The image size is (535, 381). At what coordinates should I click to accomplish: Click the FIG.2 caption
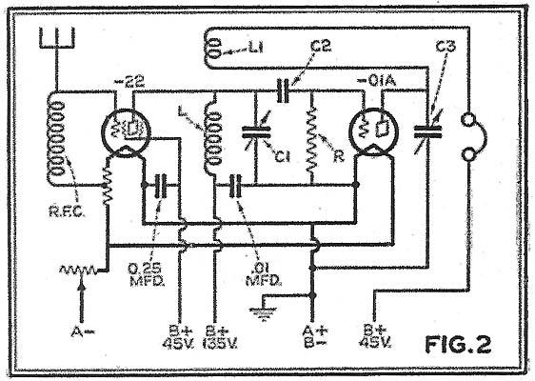click(x=458, y=344)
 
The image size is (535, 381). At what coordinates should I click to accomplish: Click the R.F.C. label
click(x=67, y=211)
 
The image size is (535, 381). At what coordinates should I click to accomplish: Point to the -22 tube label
click(x=130, y=82)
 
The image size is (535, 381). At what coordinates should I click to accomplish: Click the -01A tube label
click(x=376, y=81)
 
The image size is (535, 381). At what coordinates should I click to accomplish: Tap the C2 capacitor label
click(x=321, y=46)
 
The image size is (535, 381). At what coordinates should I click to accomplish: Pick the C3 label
click(x=446, y=46)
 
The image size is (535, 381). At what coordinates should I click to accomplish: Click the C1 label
click(x=283, y=157)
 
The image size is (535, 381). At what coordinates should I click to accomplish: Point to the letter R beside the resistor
click(x=339, y=156)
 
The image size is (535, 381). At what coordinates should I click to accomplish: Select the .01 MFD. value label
click(x=264, y=274)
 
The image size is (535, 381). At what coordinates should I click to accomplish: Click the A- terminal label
click(x=83, y=331)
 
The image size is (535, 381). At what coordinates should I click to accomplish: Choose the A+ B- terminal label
click(x=315, y=337)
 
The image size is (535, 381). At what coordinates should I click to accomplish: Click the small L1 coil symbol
click(x=214, y=48)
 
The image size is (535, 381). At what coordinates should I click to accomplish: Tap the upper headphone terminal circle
click(x=467, y=120)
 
